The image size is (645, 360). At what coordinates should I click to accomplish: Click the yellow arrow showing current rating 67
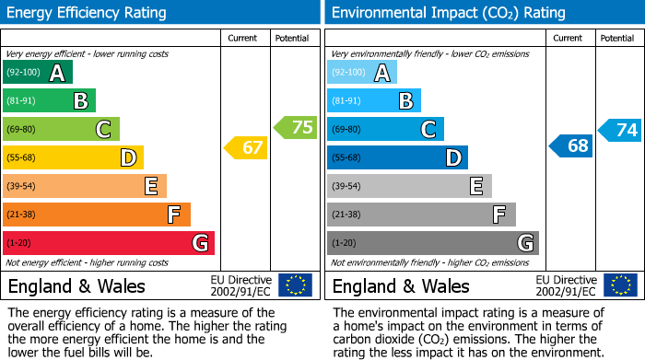[x=247, y=147]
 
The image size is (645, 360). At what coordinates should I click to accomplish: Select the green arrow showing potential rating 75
[x=296, y=128]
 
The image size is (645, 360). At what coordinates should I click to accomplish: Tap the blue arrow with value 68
[x=571, y=146]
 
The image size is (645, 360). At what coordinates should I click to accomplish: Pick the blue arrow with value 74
[x=620, y=130]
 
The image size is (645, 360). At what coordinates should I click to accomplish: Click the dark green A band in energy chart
[x=38, y=73]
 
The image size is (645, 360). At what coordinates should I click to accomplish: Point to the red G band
[x=109, y=243]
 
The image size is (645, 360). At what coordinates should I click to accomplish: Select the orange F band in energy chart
[x=97, y=215]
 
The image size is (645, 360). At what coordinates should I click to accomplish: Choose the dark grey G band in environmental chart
[x=432, y=243]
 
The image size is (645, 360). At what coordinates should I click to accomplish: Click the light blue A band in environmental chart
[x=362, y=73]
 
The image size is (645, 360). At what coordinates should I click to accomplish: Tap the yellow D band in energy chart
[x=73, y=157]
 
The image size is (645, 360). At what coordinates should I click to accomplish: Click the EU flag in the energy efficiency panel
[x=295, y=285]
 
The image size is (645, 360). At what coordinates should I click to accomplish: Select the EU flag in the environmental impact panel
[x=619, y=285]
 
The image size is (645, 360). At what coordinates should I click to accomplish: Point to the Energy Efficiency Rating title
[x=88, y=13]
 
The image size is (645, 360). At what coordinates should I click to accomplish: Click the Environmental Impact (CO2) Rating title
[x=448, y=13]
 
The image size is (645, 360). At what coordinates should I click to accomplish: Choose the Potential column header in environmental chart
[x=616, y=38]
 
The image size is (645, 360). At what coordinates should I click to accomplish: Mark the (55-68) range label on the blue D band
[x=347, y=158]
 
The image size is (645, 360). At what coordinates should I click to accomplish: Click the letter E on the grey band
[x=475, y=186]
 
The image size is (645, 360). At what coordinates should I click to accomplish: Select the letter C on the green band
[x=103, y=130]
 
